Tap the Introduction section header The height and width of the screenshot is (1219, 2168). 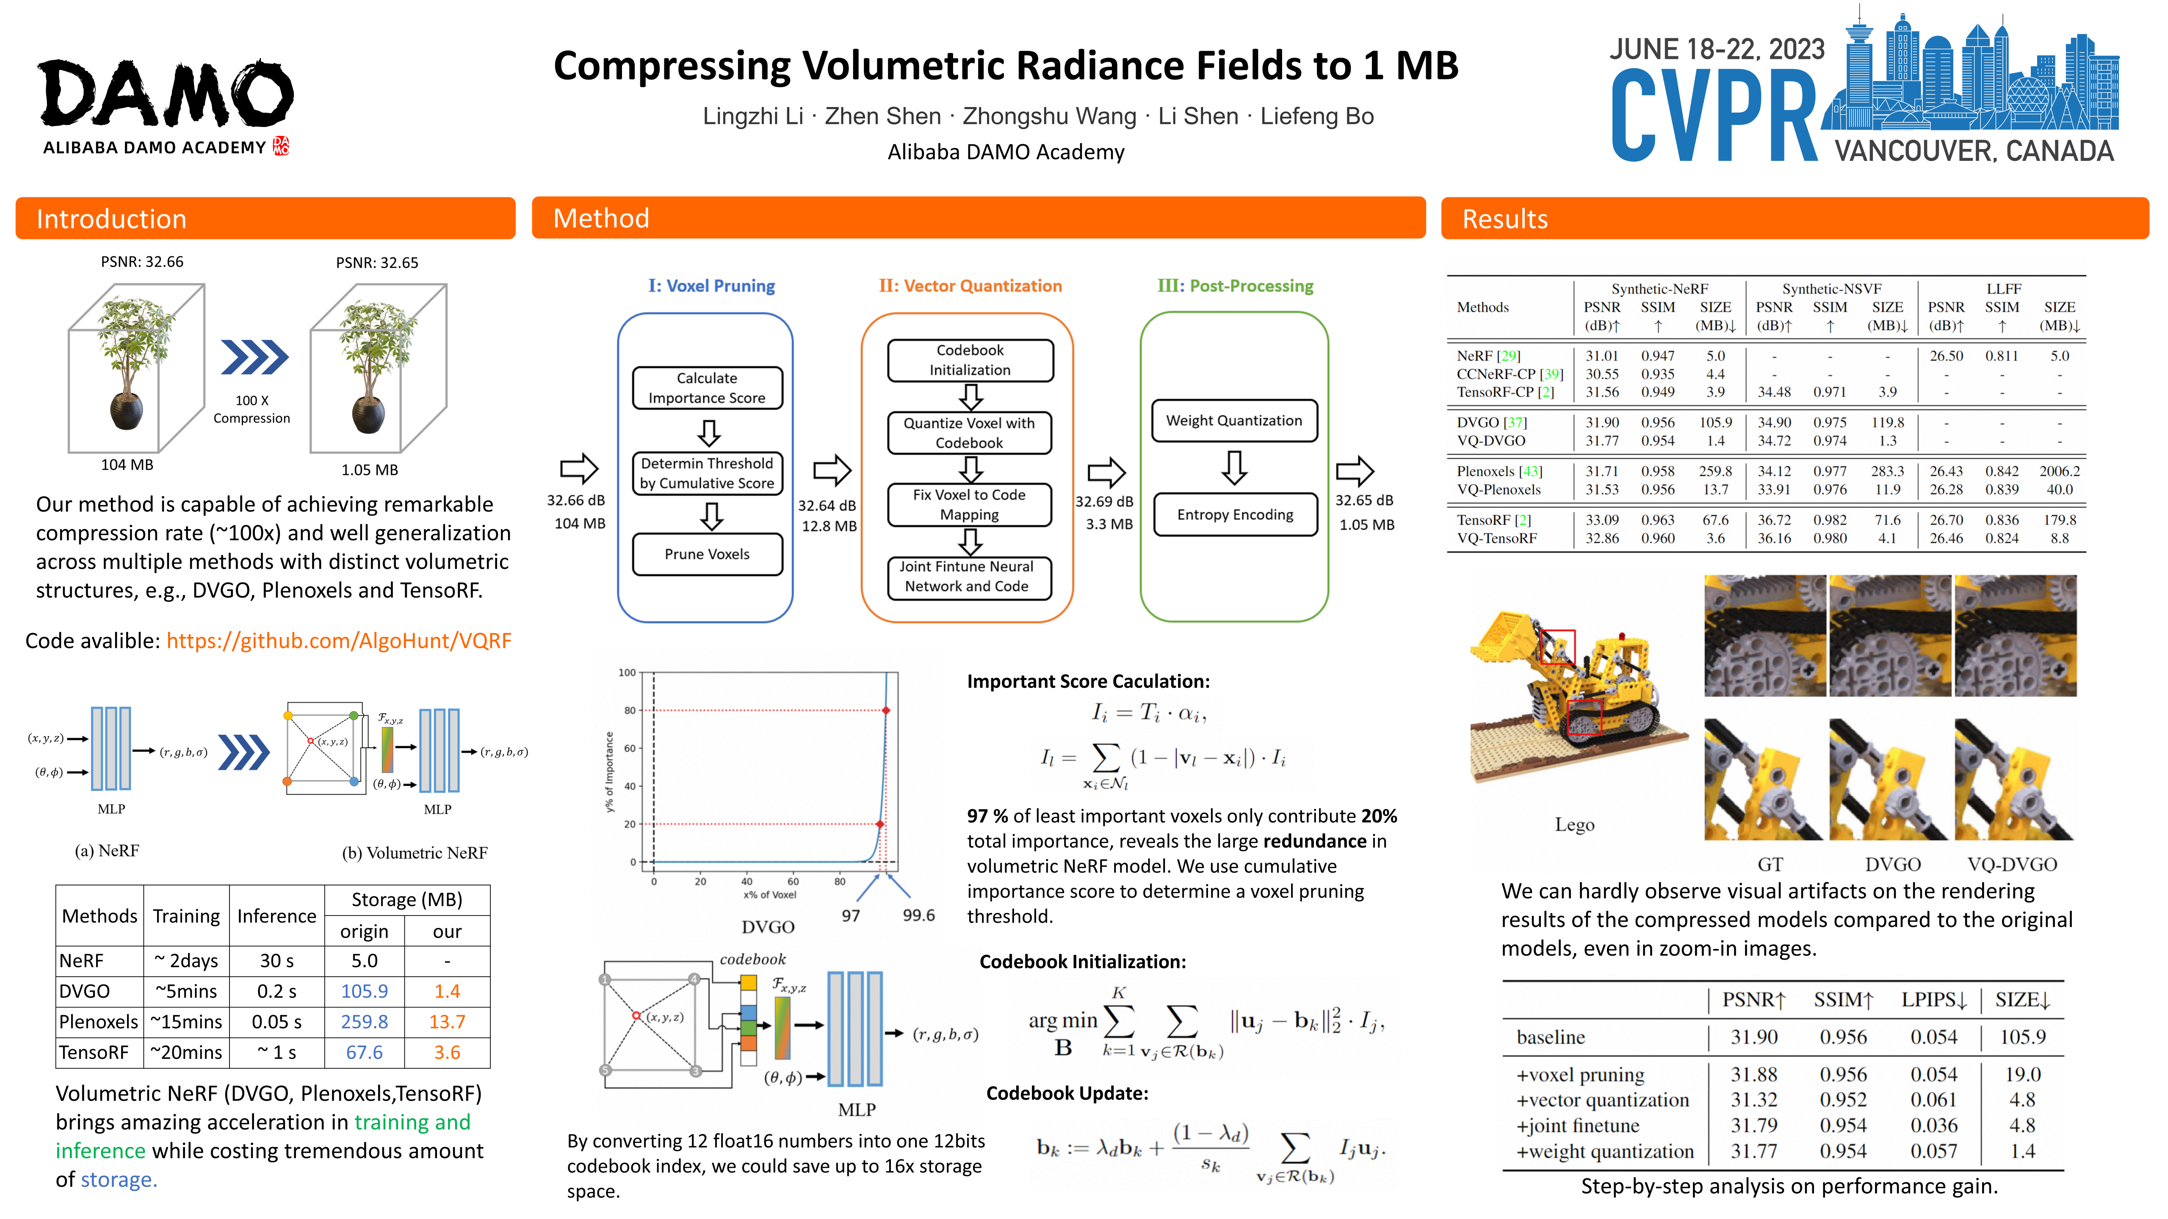[111, 219]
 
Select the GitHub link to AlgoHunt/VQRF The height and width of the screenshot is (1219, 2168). [338, 641]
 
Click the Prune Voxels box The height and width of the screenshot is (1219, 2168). [707, 554]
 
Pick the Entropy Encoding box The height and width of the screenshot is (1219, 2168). [1235, 515]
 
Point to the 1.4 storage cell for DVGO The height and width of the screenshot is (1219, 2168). [447, 991]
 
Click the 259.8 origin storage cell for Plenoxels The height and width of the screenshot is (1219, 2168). [365, 1022]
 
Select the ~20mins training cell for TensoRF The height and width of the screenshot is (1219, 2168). [186, 1052]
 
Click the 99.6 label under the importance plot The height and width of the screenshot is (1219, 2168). [918, 915]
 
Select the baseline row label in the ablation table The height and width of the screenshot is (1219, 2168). [1550, 1037]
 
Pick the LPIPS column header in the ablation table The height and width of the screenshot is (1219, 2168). [1933, 1000]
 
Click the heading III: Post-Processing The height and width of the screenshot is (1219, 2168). [1235, 286]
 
